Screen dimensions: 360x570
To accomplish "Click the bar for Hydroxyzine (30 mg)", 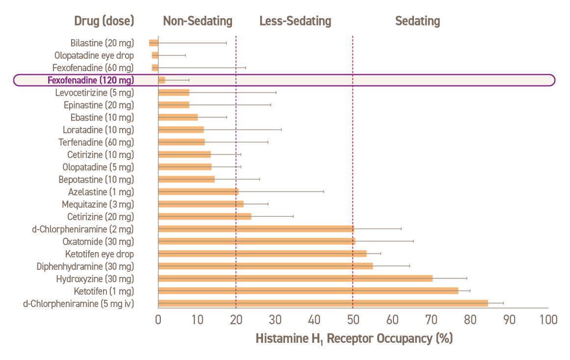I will (295, 279).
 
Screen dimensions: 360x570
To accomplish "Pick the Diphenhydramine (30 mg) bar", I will (265, 266).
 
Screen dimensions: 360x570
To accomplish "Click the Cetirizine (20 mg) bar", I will (205, 216).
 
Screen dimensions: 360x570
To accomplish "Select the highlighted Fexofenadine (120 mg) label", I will (91, 80).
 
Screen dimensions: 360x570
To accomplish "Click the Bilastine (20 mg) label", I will (102, 43).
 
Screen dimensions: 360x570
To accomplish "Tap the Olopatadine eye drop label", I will (94, 55).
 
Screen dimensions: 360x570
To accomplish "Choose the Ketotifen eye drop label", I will (100, 254).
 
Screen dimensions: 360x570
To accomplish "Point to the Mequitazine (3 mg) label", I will (98, 204).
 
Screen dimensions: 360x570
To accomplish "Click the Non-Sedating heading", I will (198, 21).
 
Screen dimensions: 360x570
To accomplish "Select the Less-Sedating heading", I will (295, 21).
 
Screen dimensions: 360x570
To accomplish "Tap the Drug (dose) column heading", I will (104, 21).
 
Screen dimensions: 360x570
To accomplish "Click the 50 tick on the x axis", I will (353, 320).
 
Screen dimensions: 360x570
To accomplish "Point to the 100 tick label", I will (548, 320).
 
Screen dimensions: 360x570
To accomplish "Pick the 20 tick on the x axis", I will (236, 320).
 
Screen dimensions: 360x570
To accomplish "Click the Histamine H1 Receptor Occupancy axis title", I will (354, 339).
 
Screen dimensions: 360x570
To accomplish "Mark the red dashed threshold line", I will (353, 147).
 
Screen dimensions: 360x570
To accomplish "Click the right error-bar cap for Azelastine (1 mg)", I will (324, 191).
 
